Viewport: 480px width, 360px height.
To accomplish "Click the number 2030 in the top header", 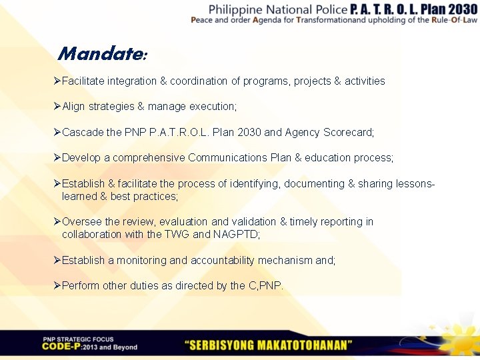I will coord(454,9).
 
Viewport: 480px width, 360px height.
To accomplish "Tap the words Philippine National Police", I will coord(277,9).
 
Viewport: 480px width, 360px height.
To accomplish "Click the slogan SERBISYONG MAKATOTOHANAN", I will coord(269,345).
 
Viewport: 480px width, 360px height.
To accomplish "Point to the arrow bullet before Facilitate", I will coord(57,81).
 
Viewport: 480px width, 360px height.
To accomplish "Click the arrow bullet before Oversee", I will coord(57,221).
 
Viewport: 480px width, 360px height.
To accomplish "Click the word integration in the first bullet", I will coord(129,81).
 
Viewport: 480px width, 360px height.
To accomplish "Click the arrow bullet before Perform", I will coord(57,285).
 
